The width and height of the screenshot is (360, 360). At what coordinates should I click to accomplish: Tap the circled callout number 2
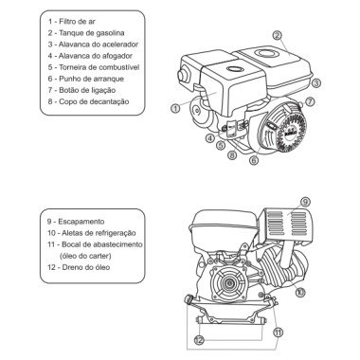[x=278, y=36]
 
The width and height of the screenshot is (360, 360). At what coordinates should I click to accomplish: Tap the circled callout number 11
[x=277, y=333]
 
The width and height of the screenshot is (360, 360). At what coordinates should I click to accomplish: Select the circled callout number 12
[x=198, y=338]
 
